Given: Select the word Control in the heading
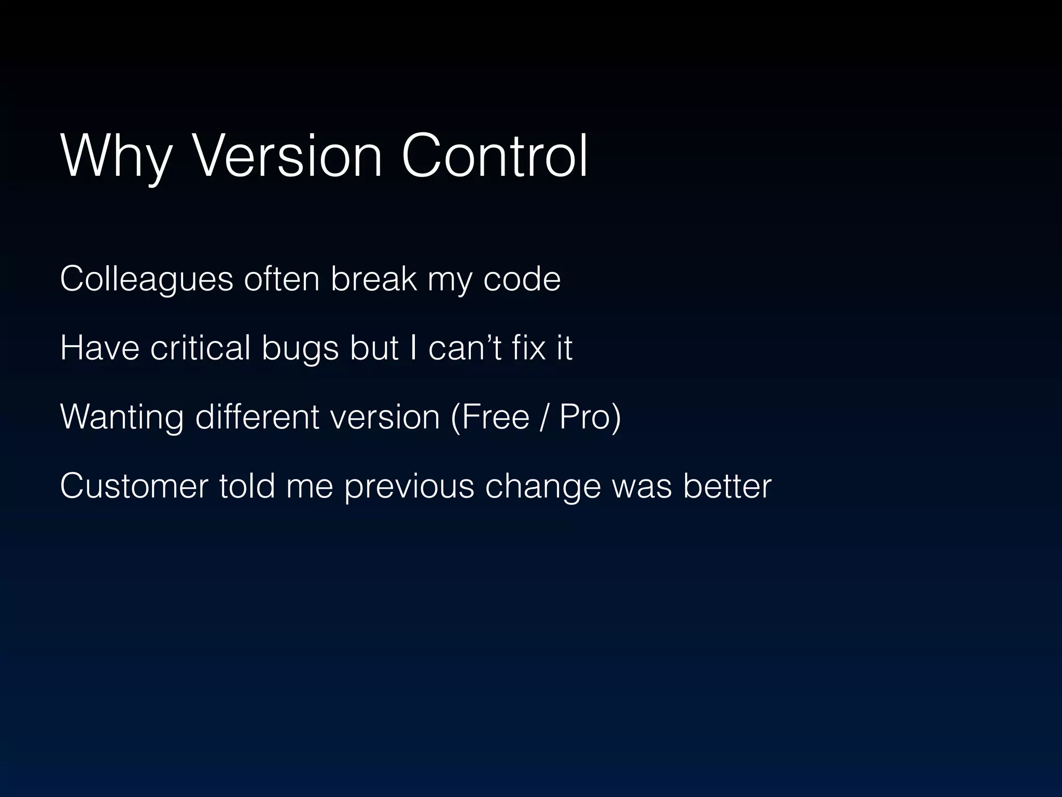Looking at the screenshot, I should [x=495, y=156].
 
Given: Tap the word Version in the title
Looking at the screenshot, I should [x=287, y=156].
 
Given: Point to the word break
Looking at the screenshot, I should [x=373, y=279].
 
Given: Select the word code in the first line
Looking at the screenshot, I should [x=522, y=279].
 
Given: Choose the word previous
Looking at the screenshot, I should [x=409, y=486].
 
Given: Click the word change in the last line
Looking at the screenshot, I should [x=542, y=486].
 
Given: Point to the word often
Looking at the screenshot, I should [x=282, y=279].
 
